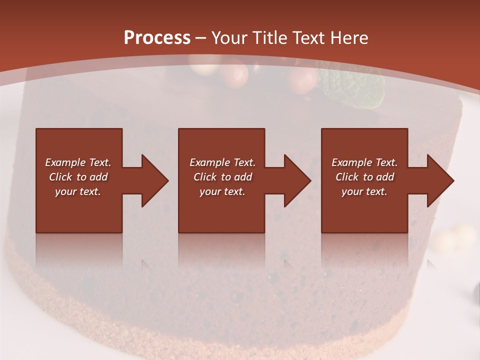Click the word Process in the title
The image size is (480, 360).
(x=157, y=38)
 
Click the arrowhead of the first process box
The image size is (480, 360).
(x=153, y=180)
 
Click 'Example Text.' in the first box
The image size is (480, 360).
(x=78, y=162)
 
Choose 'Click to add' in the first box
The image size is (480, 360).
(x=78, y=177)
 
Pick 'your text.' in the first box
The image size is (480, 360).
(x=78, y=191)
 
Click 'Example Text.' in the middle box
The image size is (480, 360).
(x=222, y=162)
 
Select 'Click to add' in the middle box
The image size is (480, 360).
(x=222, y=177)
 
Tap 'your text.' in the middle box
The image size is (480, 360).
(x=222, y=191)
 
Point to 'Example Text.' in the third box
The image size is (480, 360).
(x=364, y=162)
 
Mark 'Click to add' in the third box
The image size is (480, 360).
(x=364, y=177)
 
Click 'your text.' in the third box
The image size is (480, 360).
(x=364, y=191)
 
